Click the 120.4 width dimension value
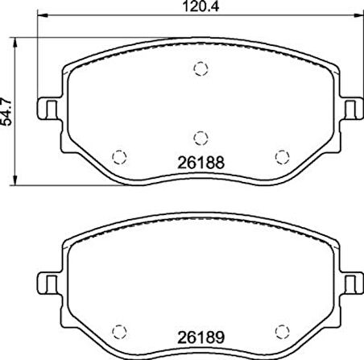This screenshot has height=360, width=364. coord(201,6)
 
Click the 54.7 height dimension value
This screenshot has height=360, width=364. coord(6,111)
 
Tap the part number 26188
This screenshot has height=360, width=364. coord(201,163)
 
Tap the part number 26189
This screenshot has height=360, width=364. coord(201,337)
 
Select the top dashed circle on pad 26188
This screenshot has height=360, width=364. coord(201,68)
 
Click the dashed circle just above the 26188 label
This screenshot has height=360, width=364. coord(201,139)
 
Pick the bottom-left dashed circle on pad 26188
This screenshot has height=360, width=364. coord(119,157)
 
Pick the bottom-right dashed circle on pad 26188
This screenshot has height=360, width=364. coord(283,157)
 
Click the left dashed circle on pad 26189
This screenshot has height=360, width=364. coord(119,332)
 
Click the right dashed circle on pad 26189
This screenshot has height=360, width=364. coord(283,332)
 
